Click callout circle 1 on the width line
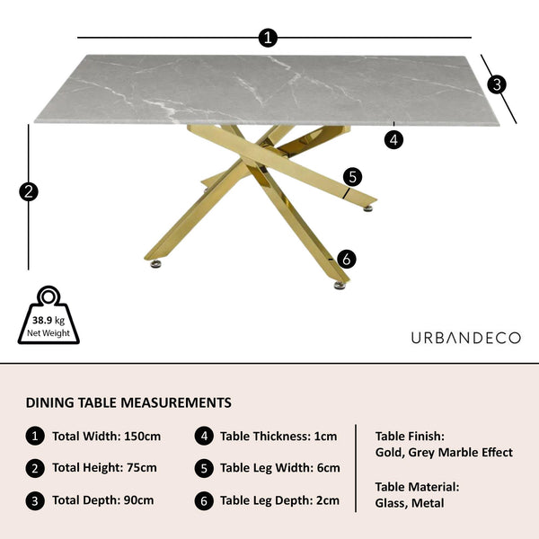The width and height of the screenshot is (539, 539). [x=268, y=38]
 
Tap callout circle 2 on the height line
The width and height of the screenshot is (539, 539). [x=29, y=192]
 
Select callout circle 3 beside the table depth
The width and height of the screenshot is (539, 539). [x=497, y=84]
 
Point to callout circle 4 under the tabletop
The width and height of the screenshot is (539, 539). [x=393, y=140]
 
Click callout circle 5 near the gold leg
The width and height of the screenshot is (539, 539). [x=353, y=177]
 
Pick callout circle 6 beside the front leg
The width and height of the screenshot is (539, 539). [x=347, y=259]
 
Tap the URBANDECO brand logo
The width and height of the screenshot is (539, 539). [x=465, y=338]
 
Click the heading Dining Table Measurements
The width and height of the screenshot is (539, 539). [x=128, y=402]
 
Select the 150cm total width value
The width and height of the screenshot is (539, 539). [x=142, y=437]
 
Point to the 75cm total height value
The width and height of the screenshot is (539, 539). [x=142, y=468]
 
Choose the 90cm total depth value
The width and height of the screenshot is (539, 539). [x=139, y=500]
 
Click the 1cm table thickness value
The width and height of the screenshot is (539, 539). [x=325, y=437]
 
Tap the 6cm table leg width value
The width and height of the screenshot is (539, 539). [x=328, y=468]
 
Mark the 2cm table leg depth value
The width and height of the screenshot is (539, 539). [x=328, y=500]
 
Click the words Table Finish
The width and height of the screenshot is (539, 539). [x=410, y=437]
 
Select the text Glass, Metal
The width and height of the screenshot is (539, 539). [x=410, y=503]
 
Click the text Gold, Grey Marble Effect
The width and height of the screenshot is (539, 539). [x=444, y=453]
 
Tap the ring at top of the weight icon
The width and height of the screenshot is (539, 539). [x=49, y=296]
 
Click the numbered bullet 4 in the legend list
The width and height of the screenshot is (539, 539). [x=204, y=437]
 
